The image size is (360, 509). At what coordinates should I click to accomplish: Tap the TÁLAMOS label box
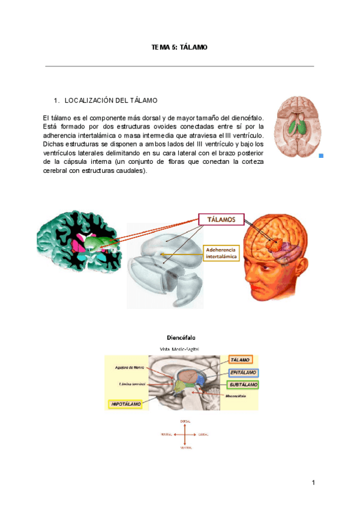click(x=221, y=220)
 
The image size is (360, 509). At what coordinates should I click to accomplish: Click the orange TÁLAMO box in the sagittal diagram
click(x=241, y=360)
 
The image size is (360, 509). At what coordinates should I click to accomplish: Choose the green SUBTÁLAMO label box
click(x=243, y=384)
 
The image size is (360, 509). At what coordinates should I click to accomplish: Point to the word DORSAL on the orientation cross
click(x=185, y=422)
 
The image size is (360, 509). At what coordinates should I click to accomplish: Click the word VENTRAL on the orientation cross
click(x=185, y=448)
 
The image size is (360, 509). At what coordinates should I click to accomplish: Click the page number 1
click(x=313, y=483)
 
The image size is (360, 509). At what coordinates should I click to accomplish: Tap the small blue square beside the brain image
click(x=321, y=155)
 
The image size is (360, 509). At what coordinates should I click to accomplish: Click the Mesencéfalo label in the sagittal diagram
click(x=238, y=396)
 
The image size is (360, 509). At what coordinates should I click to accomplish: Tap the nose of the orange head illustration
click(x=245, y=271)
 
